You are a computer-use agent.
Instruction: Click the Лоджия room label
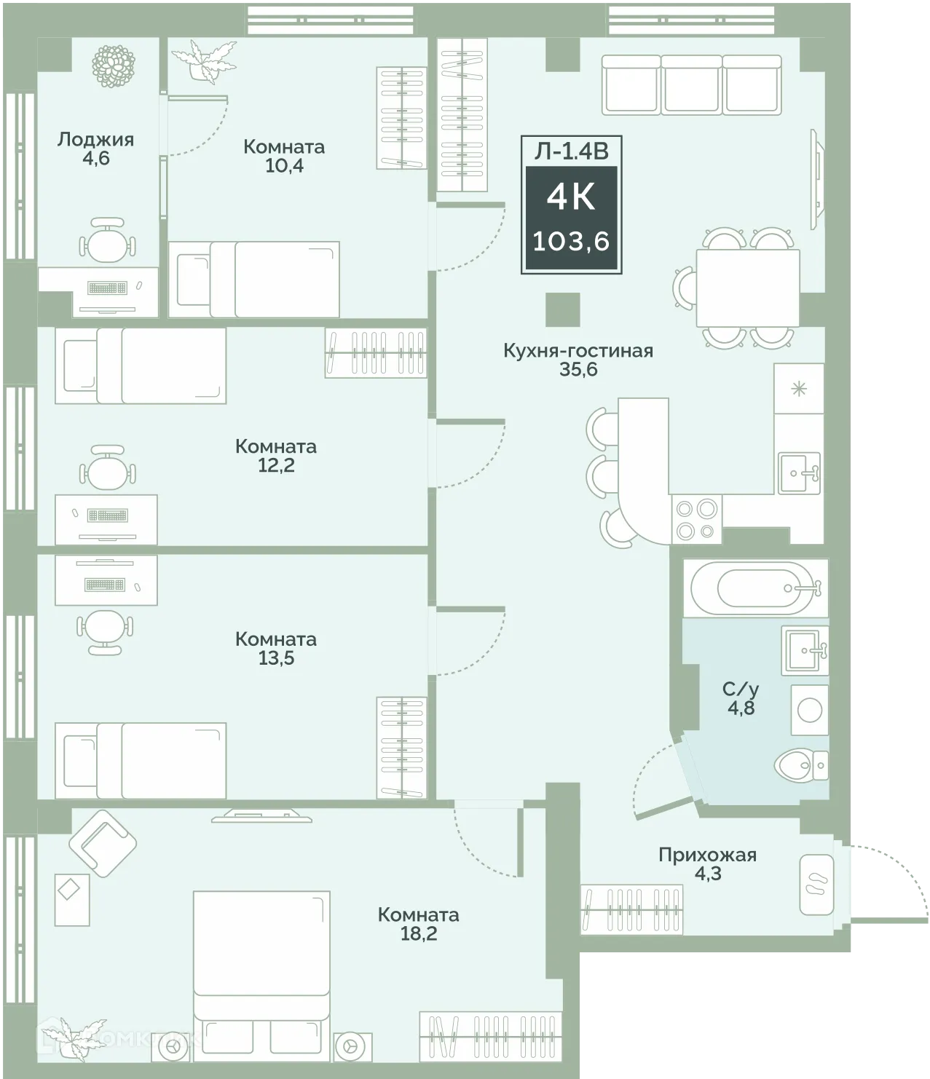click(95, 140)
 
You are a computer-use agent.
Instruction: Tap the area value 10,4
click(284, 166)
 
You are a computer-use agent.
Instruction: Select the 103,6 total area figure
click(571, 242)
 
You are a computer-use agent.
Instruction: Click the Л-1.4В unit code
click(571, 151)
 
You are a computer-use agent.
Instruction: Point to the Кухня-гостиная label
click(578, 350)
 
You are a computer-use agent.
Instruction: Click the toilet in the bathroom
click(800, 766)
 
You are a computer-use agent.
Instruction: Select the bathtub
click(755, 588)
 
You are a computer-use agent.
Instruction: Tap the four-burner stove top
click(696, 520)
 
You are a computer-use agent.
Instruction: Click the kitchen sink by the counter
click(799, 473)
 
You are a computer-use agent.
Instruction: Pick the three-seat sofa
click(691, 84)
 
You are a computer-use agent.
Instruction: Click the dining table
click(748, 288)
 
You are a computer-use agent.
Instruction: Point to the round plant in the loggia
click(114, 66)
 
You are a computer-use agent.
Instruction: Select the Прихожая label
click(707, 855)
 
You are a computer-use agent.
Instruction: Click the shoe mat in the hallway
click(816, 885)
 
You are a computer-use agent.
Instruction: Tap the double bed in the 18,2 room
click(261, 976)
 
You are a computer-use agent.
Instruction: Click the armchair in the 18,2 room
click(103, 843)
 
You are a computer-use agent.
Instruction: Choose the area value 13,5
click(276, 658)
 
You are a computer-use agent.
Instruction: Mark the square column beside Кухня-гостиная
click(563, 309)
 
